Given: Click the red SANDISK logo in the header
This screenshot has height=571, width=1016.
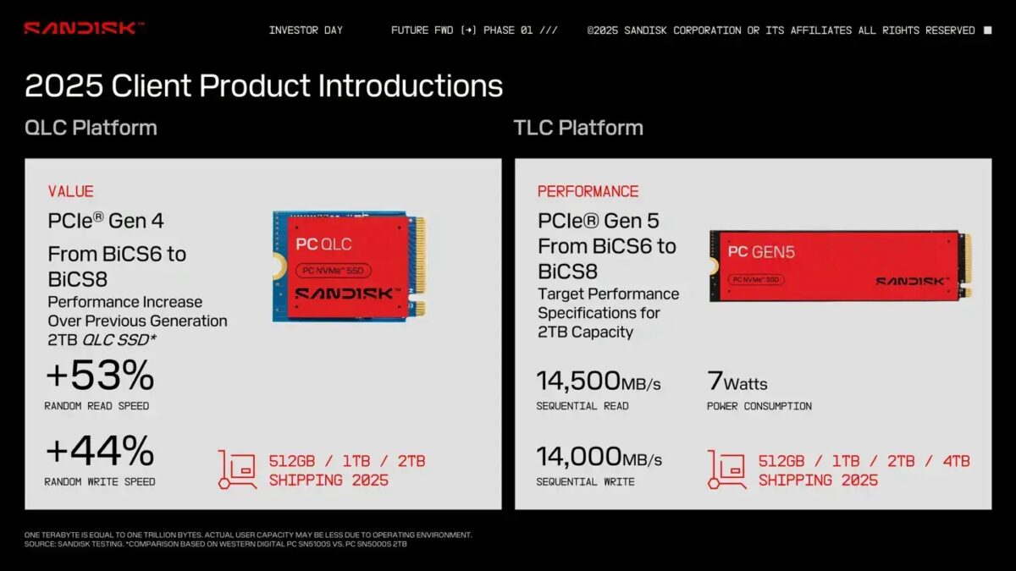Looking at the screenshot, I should click(83, 28).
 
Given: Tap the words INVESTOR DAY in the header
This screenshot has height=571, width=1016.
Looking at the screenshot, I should click(306, 30).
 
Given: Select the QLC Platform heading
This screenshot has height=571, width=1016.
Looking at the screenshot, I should click(91, 128).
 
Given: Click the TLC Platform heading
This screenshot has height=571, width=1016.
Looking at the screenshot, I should click(578, 128).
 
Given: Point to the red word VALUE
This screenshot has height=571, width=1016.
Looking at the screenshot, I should click(70, 191).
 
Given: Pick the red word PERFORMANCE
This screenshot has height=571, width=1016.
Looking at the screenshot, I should click(588, 191).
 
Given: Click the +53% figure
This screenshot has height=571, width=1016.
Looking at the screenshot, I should click(100, 376).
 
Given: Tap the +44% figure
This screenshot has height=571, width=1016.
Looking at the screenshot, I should click(100, 451).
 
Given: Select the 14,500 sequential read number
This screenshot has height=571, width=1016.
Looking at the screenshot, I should click(579, 381).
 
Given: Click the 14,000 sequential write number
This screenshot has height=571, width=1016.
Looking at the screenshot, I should click(579, 457).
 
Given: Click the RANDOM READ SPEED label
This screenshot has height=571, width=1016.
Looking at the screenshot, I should click(97, 406).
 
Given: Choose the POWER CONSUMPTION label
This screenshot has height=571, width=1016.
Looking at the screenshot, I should click(759, 406).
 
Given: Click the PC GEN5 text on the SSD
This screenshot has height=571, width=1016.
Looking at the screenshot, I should click(761, 251).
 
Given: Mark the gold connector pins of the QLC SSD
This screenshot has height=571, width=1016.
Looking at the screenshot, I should click(419, 265).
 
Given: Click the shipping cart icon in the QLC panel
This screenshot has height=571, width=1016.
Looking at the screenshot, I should click(236, 469).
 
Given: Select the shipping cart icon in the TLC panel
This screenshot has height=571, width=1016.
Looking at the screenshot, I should click(726, 469).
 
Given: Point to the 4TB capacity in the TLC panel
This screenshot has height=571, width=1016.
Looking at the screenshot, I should click(952, 461).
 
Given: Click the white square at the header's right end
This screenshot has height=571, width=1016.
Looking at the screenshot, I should click(987, 30).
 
